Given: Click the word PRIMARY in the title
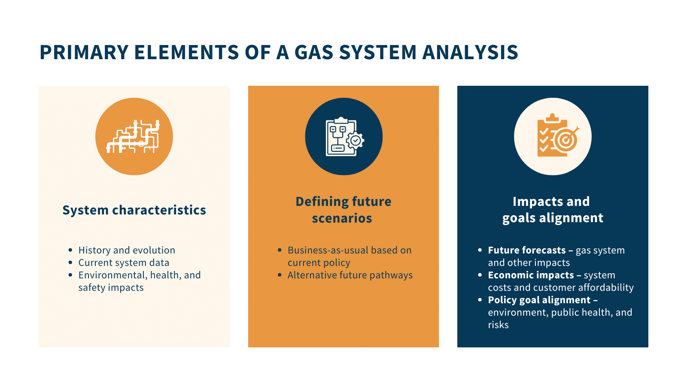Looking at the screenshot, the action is click(84, 52).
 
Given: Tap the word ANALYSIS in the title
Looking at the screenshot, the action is click(470, 52).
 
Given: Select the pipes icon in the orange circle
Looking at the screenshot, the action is click(133, 136).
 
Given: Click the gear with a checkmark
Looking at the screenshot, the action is click(355, 141).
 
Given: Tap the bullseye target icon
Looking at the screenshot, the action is click(565, 139).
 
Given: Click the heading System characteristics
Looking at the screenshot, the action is click(134, 210).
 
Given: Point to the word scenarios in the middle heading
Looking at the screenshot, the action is click(342, 218).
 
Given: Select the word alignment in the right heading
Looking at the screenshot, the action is click(571, 218).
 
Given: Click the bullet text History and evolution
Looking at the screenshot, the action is click(127, 250).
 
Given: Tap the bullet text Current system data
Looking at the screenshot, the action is click(124, 263).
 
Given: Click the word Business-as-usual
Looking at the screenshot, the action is click(328, 250).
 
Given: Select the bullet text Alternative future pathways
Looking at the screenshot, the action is click(350, 275).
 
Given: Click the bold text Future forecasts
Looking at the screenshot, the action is click(526, 250).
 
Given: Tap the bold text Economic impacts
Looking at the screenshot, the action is click(531, 275).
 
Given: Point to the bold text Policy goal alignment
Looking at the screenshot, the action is click(539, 300).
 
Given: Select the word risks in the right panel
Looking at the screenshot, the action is click(498, 325).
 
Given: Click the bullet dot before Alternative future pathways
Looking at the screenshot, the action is click(280, 275).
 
